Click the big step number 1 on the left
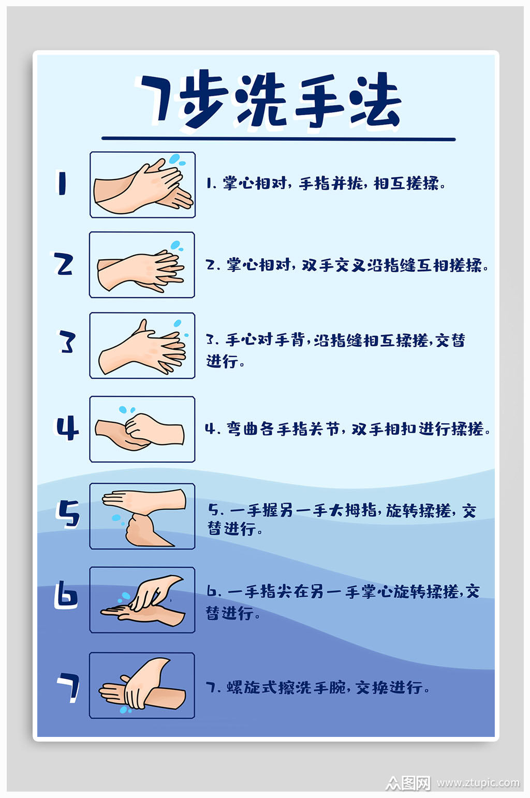62,183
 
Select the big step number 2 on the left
64,264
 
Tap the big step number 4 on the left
67,428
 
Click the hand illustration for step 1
142,185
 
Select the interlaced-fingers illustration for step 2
142,265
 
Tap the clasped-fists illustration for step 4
142,430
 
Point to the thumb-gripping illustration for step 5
142,516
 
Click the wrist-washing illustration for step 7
142,685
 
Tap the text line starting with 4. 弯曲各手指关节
347,428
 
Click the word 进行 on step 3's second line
223,361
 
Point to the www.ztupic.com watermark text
477,782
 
